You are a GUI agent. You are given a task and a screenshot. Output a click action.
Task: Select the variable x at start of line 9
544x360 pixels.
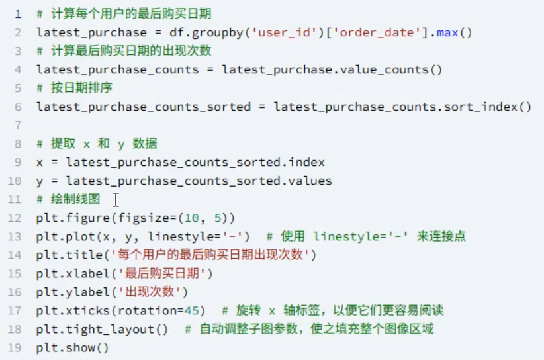(40, 162)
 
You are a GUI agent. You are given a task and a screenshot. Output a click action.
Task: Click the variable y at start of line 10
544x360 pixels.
(40, 181)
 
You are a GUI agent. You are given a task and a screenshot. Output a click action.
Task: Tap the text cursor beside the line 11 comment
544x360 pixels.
(116, 199)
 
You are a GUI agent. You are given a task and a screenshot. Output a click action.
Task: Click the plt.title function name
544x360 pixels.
(66, 255)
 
